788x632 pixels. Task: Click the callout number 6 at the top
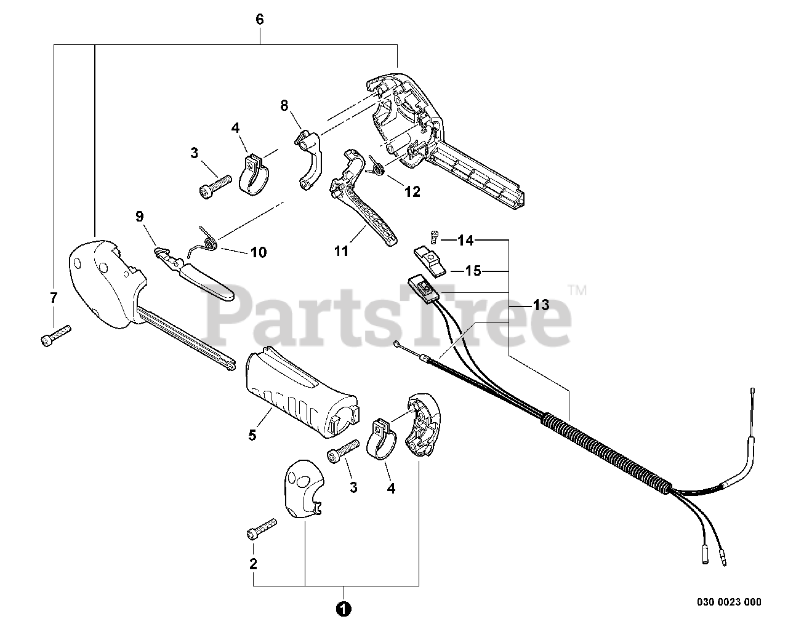259,19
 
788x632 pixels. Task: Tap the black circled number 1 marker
344,609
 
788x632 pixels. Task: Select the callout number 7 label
54,298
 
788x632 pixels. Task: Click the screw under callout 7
55,335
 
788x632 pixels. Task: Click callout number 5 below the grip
252,435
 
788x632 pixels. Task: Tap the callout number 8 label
284,106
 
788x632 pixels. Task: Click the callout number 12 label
412,192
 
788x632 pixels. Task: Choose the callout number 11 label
342,251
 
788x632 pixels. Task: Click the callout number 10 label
259,252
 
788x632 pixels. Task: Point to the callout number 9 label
139,216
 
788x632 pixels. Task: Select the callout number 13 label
541,304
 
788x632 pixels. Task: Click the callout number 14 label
465,241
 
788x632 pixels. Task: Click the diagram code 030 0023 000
730,602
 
